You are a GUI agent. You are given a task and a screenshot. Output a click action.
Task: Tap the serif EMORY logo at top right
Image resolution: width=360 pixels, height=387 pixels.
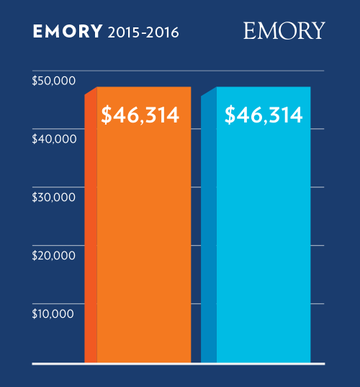tap(284, 30)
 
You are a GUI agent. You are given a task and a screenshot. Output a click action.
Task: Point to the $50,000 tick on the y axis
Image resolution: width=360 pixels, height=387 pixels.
tap(54, 81)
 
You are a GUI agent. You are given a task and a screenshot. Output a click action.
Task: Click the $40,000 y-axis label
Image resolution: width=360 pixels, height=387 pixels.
tap(54, 139)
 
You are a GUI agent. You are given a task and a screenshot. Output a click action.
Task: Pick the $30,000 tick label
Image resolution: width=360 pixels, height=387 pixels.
tap(54, 197)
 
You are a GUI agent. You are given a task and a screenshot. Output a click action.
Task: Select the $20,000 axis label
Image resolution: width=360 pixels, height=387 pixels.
tap(54, 255)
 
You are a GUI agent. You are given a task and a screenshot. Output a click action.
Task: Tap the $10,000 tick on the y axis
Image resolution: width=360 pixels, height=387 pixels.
tap(54, 313)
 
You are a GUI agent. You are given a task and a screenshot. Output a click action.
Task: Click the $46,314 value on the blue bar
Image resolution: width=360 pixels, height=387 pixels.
tap(263, 115)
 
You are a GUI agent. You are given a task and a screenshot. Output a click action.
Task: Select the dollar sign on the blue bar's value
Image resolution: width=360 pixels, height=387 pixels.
tap(230, 115)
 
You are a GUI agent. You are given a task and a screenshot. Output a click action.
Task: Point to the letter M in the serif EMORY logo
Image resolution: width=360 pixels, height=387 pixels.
tap(266, 30)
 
